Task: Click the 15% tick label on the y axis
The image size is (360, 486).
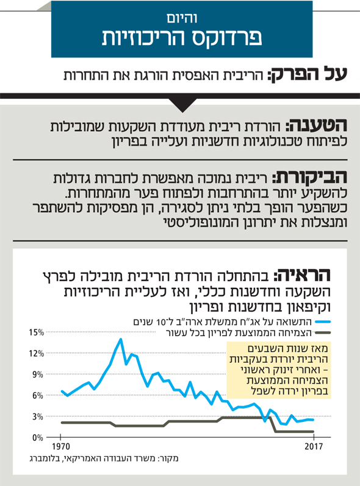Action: [x=37, y=332]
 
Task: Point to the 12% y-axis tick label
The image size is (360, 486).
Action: [x=37, y=354]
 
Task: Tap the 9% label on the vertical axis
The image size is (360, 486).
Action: [x=38, y=375]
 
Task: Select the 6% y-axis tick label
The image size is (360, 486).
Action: [x=38, y=396]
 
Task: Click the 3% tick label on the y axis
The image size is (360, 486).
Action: [x=38, y=417]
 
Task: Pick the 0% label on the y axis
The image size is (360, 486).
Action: [x=38, y=438]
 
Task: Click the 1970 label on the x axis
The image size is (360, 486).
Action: [x=61, y=446]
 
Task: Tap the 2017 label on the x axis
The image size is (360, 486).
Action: [x=314, y=446]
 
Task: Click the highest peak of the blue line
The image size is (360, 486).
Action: [x=121, y=339]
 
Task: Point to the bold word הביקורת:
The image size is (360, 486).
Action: [x=310, y=177]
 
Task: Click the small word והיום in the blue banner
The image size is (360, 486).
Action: [x=182, y=18]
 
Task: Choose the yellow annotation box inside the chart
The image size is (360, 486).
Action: [x=279, y=370]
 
